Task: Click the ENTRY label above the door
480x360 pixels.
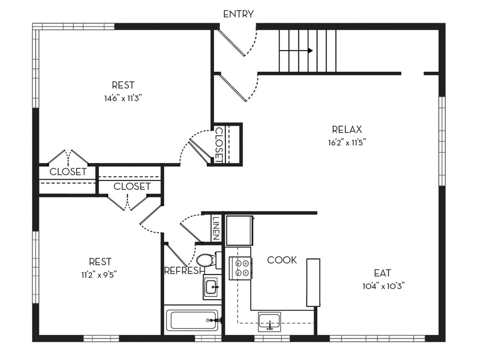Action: pyautogui.click(x=239, y=14)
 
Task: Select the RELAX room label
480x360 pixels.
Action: pyautogui.click(x=346, y=129)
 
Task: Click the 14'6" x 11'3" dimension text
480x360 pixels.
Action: pyautogui.click(x=123, y=98)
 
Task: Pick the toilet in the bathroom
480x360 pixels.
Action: pyautogui.click(x=208, y=260)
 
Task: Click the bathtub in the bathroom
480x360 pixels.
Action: pyautogui.click(x=192, y=320)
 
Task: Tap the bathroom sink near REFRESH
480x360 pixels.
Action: pyautogui.click(x=212, y=287)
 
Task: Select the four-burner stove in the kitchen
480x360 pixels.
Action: pyautogui.click(x=240, y=268)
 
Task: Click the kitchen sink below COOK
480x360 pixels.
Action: pyautogui.click(x=269, y=320)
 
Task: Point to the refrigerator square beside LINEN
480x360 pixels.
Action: pyautogui.click(x=239, y=230)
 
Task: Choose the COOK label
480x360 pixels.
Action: pyautogui.click(x=282, y=260)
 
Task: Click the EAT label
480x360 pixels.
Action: pyautogui.click(x=382, y=273)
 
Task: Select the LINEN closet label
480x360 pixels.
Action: pyautogui.click(x=216, y=229)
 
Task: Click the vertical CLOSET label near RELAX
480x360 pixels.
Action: pyautogui.click(x=218, y=144)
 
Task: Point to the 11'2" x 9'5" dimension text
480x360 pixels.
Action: pyautogui.click(x=99, y=275)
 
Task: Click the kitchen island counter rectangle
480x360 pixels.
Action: pyautogui.click(x=313, y=282)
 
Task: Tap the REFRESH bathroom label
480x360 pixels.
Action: pyautogui.click(x=184, y=270)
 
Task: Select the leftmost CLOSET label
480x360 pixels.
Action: pyautogui.click(x=68, y=172)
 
